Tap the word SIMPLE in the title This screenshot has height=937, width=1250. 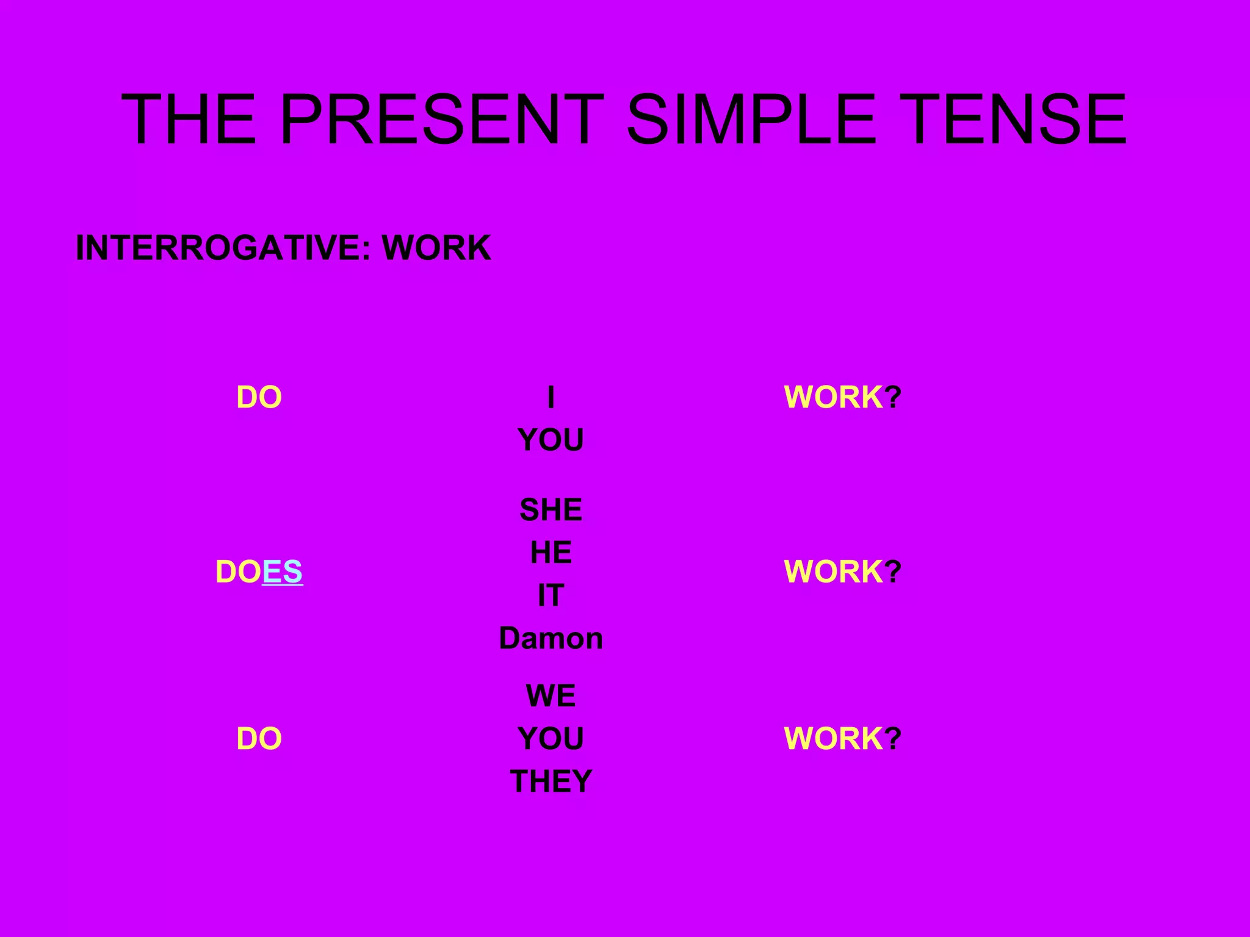751,119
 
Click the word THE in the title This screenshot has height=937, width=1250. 189,119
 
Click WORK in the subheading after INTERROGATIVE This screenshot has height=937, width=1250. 436,248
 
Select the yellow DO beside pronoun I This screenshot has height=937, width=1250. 259,397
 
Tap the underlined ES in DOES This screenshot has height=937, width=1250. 282,572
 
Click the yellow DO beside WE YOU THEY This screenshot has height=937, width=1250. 259,739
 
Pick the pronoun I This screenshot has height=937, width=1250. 551,397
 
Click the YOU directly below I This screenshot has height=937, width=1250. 551,440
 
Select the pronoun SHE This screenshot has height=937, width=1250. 551,509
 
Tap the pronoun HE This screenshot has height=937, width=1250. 551,553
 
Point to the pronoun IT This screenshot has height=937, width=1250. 551,595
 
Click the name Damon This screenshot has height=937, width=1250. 551,639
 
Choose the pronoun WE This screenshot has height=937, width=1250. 551,695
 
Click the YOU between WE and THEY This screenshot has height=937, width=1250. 551,739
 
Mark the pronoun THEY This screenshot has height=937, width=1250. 551,781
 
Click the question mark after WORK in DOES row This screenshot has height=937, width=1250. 893,572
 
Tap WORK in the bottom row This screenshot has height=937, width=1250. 834,739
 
